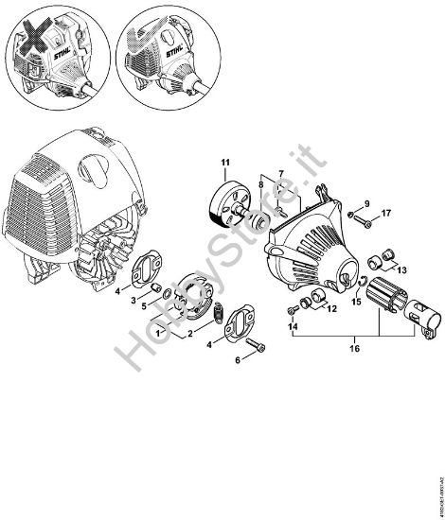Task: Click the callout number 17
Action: tap(385, 214)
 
